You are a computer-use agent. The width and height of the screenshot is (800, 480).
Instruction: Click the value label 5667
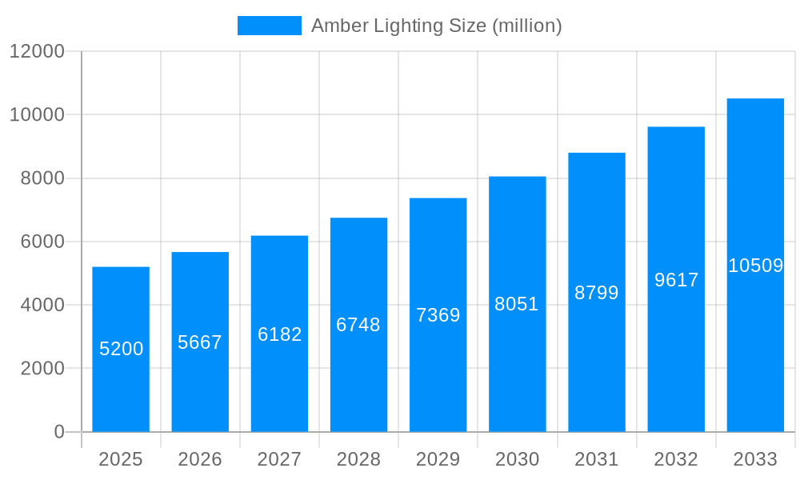pos(200,342)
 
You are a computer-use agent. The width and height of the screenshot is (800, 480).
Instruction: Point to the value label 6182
pos(279,334)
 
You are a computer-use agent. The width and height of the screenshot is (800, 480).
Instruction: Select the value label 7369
pos(438,315)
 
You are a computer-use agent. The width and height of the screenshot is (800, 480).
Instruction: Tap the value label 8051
pos(517,304)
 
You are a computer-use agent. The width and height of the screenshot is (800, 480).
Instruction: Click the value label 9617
pos(676,280)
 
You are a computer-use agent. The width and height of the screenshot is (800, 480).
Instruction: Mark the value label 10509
pos(755,266)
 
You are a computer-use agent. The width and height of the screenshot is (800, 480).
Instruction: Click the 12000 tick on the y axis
pos(37,51)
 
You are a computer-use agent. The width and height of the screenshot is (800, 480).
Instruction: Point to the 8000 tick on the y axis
pos(42,178)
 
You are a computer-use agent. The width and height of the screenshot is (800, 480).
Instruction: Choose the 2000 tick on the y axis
pos(42,369)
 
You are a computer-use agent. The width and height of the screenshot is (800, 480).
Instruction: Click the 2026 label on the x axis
pos(200,459)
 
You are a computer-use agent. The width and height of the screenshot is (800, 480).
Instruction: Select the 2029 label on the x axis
pos(438,459)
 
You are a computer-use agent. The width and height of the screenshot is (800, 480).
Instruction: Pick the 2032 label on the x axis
pos(676,459)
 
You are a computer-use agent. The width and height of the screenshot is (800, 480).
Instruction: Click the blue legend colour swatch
pos(270,26)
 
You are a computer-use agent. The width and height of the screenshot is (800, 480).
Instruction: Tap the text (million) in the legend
pos(526,26)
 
